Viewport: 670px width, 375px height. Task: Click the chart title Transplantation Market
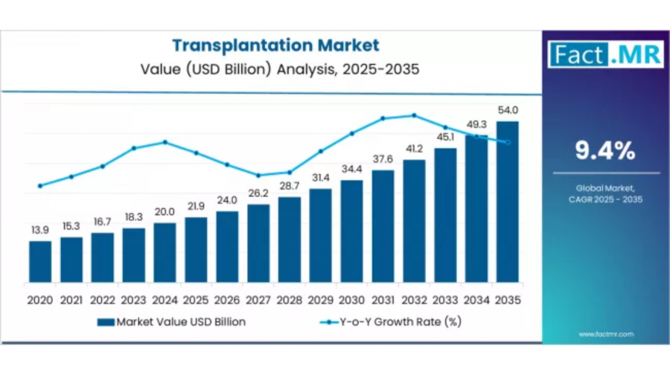click(275, 45)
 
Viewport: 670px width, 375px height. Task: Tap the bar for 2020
click(40, 261)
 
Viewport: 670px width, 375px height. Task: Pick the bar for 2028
click(290, 239)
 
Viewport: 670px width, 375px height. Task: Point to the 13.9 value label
click(40, 230)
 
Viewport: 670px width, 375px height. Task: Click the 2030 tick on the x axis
click(351, 300)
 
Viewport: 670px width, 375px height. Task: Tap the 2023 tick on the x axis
click(134, 300)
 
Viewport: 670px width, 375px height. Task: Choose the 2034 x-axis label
click(476, 300)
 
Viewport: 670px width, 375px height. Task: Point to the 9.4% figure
click(604, 151)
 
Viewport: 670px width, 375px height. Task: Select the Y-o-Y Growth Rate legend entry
click(394, 322)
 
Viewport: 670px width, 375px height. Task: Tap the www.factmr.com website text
click(604, 334)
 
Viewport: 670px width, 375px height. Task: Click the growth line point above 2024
click(165, 142)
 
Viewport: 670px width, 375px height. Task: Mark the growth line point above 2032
click(414, 115)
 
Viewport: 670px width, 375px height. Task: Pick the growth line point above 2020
click(40, 186)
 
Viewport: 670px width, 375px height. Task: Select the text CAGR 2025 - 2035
click(604, 199)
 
